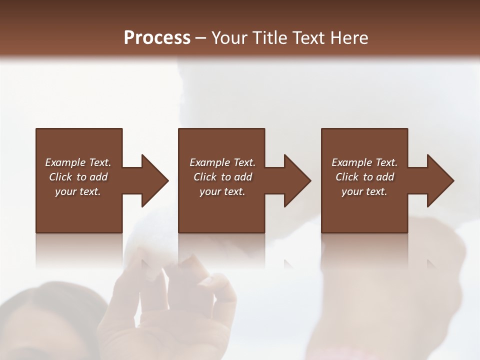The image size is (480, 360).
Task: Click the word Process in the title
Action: [x=157, y=38]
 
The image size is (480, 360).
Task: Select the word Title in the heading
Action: [x=268, y=38]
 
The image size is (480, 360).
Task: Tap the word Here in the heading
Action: [x=349, y=38]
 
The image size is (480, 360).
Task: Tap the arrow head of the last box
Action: [x=439, y=180]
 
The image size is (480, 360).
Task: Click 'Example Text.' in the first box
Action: [x=78, y=162]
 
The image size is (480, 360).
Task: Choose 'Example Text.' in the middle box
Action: [x=222, y=162]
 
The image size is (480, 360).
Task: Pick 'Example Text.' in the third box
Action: [x=364, y=162]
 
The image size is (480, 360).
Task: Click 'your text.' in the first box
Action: [x=78, y=191]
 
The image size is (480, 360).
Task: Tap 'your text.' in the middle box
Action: [x=222, y=191]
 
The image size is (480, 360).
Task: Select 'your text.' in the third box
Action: [x=364, y=191]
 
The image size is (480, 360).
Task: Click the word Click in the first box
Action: [x=61, y=177]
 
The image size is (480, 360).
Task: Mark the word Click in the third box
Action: [x=347, y=177]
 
